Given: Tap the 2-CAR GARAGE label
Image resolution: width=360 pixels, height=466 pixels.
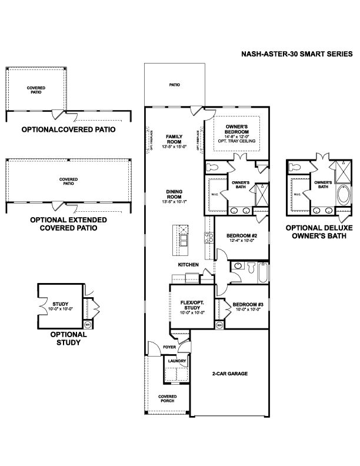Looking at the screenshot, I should [229, 373].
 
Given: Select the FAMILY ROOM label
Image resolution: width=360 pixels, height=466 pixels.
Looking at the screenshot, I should [174, 138].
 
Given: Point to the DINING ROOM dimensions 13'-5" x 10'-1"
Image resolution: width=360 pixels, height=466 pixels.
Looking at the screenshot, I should [174, 202].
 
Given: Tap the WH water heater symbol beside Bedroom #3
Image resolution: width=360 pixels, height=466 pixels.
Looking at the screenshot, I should [219, 324].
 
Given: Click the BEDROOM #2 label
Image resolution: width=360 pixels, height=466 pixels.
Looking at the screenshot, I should [241, 236].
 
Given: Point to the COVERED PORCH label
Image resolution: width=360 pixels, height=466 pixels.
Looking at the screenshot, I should [168, 399].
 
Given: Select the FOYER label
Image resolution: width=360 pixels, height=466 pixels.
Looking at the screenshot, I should [169, 348].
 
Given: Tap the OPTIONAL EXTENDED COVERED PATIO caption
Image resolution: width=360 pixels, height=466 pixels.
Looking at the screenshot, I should [68, 224].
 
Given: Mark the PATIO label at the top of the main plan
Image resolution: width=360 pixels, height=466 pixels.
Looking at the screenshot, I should [175, 85].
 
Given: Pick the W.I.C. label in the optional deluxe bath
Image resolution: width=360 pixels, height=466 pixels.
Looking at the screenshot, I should [297, 194].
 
